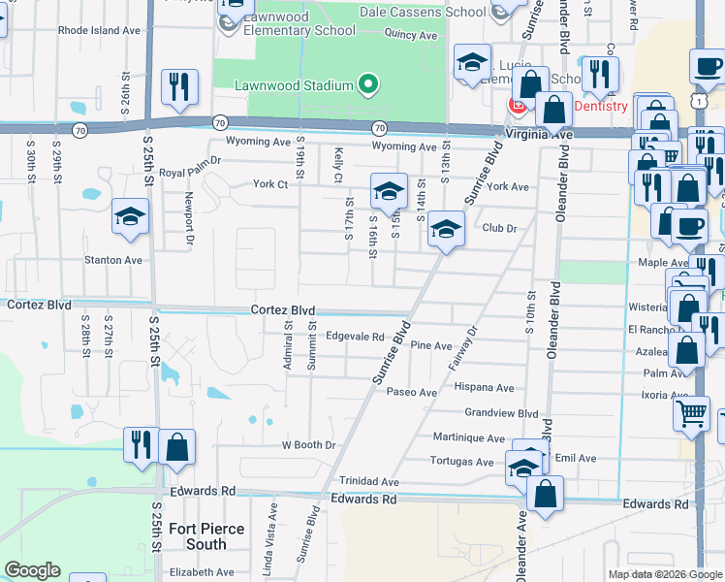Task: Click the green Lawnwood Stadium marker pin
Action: point(367,86)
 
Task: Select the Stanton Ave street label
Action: point(113,260)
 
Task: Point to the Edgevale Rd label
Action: point(356,337)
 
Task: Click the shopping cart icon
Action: point(692,413)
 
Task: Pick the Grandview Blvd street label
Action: point(501,412)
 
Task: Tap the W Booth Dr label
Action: point(308,445)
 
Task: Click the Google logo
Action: point(32,570)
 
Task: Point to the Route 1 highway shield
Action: point(698,101)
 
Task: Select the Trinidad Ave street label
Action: point(369,481)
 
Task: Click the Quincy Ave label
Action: point(410,35)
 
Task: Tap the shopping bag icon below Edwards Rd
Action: point(545,492)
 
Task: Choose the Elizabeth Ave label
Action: point(202,572)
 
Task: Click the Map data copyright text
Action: point(664,574)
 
